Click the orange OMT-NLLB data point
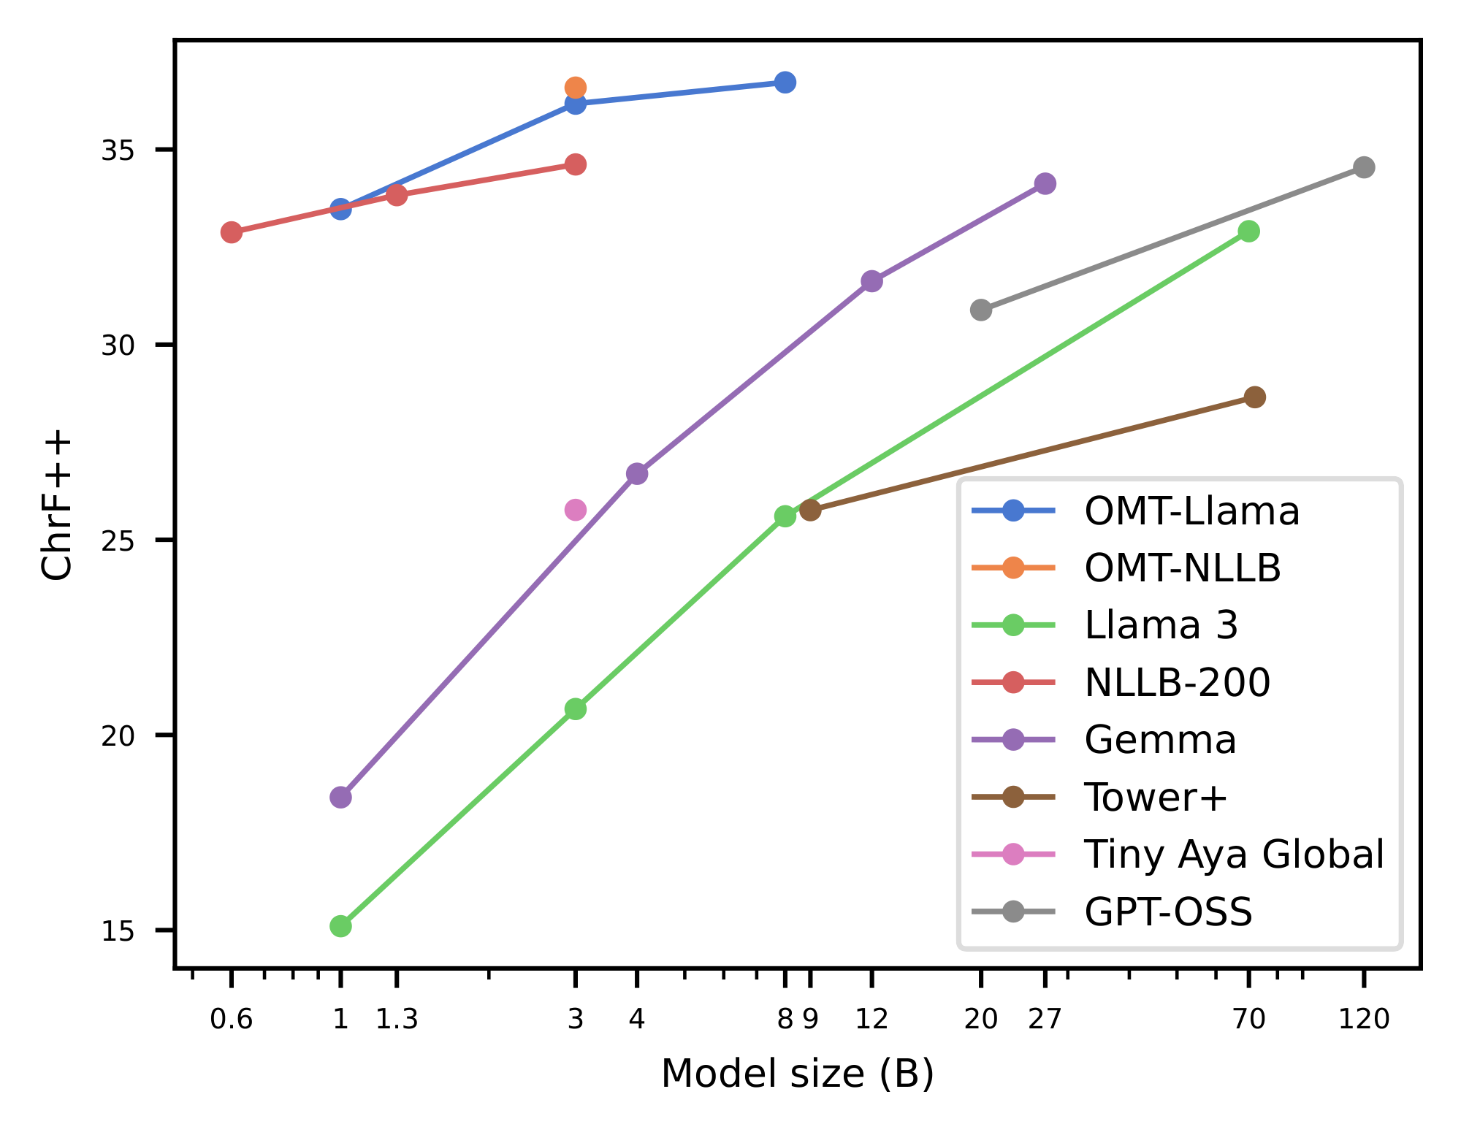pos(575,88)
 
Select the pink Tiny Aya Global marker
pos(575,510)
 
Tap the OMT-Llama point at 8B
pos(785,82)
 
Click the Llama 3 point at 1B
pos(340,926)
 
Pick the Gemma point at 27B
pos(1045,183)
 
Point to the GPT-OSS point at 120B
pos(1363,167)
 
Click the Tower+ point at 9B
pos(809,510)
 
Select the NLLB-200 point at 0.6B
pos(231,232)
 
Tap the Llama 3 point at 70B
pos(1248,231)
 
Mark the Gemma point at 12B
pos(871,281)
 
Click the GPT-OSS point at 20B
pos(980,310)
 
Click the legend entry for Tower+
pos(1154,797)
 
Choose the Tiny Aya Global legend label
pos(1234,854)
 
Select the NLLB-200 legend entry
pos(1177,682)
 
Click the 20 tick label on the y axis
pos(118,735)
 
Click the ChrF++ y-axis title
pos(57,505)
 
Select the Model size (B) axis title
pos(797,1074)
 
